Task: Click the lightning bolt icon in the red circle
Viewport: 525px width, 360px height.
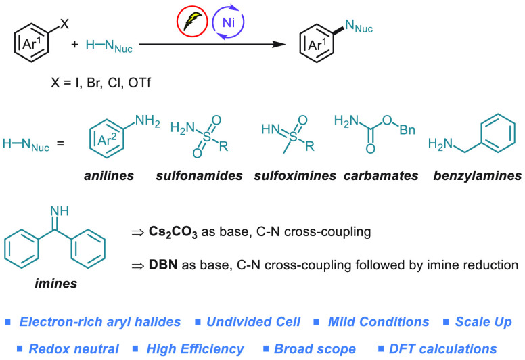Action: (193, 22)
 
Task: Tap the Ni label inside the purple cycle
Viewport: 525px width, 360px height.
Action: (229, 22)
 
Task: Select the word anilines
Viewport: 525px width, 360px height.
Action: (109, 175)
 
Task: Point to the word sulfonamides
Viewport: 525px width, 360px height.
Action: (199, 175)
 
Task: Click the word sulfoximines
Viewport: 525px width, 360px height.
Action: (295, 175)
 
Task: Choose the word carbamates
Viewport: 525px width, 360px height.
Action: (381, 175)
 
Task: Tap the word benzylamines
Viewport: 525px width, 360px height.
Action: (478, 175)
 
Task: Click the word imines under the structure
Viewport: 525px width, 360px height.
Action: (56, 284)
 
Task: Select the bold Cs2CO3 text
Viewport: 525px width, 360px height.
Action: (173, 232)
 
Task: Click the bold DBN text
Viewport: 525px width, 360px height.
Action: (163, 265)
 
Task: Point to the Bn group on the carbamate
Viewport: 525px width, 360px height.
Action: (407, 130)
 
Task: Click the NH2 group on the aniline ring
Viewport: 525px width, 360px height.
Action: (147, 121)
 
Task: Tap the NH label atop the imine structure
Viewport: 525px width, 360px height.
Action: (60, 210)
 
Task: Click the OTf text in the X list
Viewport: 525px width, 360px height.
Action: (139, 83)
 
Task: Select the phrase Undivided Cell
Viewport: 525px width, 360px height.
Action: (254, 322)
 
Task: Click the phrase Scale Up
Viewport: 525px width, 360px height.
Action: (484, 322)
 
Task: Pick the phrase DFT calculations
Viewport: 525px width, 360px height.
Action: (442, 349)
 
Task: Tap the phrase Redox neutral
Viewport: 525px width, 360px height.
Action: (74, 349)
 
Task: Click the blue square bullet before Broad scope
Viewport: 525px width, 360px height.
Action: (266, 348)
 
